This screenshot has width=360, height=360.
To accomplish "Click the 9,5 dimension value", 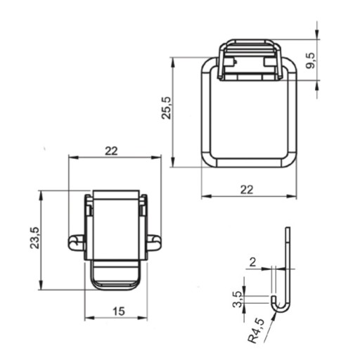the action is click(x=311, y=60).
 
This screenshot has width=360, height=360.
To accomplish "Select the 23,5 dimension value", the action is click(x=35, y=238).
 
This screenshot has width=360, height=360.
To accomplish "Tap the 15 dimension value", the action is click(x=119, y=311).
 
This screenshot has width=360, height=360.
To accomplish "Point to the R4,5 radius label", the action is click(x=256, y=330).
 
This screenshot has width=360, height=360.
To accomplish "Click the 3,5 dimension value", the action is click(x=237, y=300).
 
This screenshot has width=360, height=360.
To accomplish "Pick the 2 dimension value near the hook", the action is click(x=252, y=263).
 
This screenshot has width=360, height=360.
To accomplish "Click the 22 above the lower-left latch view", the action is click(x=111, y=151).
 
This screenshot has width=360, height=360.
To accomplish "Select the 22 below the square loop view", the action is click(x=247, y=190).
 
